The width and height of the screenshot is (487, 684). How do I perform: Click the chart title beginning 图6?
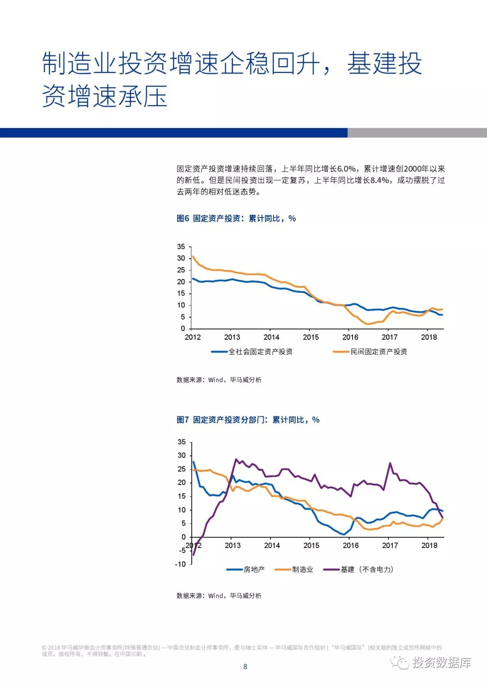236,218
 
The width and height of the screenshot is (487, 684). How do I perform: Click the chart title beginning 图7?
248,420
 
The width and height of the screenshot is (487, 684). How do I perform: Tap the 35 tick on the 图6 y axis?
181,247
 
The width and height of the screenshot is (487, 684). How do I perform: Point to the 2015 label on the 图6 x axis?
311,337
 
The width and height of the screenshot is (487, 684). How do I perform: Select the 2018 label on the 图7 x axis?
429,545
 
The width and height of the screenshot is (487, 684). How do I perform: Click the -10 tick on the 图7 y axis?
180,564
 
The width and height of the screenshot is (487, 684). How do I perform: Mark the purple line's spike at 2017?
390,463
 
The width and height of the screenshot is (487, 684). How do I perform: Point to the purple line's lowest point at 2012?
193,554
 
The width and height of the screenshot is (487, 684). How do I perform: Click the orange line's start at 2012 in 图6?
193,257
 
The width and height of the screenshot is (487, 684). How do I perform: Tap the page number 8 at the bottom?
245,666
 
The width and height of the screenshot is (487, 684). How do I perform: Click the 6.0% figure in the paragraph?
346,169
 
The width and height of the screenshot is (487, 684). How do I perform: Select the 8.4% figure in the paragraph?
379,180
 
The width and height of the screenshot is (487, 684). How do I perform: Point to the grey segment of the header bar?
417,133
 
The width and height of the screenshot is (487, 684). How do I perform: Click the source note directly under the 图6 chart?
219,380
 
